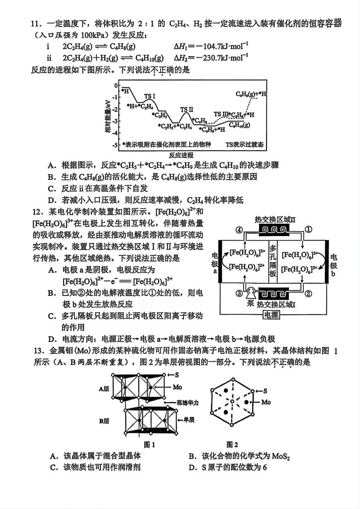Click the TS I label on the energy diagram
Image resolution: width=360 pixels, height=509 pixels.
click(149, 96)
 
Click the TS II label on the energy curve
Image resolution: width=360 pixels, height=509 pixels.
click(186, 109)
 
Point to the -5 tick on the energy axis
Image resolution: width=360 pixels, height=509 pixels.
click(115, 145)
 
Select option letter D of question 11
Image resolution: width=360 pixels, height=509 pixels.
click(51, 200)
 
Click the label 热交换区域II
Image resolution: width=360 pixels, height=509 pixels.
click(274, 219)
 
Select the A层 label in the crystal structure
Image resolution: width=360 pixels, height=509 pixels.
click(104, 389)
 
